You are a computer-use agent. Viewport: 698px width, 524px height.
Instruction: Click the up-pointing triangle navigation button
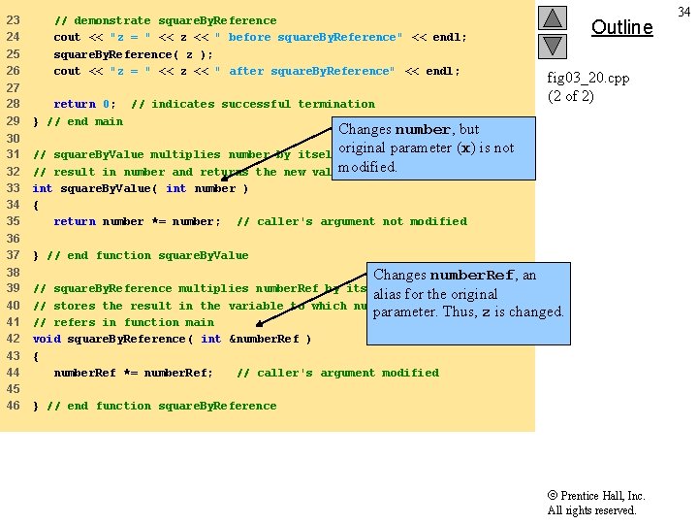click(x=553, y=18)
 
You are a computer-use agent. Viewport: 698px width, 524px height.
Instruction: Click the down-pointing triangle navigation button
click(x=553, y=45)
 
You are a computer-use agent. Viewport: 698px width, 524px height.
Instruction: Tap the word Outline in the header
click(x=621, y=27)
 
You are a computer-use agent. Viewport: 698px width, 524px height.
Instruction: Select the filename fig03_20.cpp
click(x=587, y=78)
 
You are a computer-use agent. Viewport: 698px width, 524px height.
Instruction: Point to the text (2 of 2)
click(x=571, y=95)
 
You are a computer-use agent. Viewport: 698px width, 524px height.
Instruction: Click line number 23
click(x=14, y=20)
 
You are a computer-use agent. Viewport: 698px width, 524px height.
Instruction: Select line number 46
click(x=14, y=406)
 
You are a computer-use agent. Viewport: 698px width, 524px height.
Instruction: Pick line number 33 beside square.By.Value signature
click(x=14, y=188)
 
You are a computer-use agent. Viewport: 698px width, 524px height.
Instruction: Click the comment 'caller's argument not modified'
click(x=352, y=221)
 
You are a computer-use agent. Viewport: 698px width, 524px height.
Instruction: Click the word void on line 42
click(x=47, y=339)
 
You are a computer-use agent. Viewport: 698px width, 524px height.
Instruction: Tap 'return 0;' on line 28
click(x=84, y=104)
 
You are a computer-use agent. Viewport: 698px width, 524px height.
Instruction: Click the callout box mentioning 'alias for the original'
click(x=467, y=293)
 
